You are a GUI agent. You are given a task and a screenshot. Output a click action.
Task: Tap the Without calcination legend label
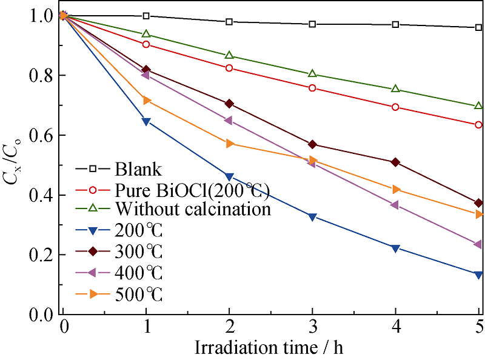tap(192, 210)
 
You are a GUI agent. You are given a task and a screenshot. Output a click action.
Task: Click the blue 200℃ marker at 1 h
tap(145, 122)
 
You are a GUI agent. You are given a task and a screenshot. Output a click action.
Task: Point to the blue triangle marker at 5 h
tap(479, 275)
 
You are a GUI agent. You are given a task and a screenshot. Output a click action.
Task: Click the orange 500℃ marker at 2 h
tap(230, 144)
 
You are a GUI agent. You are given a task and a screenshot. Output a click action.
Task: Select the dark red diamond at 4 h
tap(396, 162)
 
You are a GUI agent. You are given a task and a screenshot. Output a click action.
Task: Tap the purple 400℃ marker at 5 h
tap(478, 244)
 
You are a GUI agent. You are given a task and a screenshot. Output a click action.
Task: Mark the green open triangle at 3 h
tap(312, 74)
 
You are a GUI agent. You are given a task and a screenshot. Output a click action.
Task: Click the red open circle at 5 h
tap(479, 125)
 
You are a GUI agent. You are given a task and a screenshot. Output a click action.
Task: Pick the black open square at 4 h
tap(396, 25)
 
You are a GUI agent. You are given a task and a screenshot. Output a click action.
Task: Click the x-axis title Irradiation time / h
tap(270, 348)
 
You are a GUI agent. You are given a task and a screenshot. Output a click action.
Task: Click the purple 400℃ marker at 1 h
tap(145, 75)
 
